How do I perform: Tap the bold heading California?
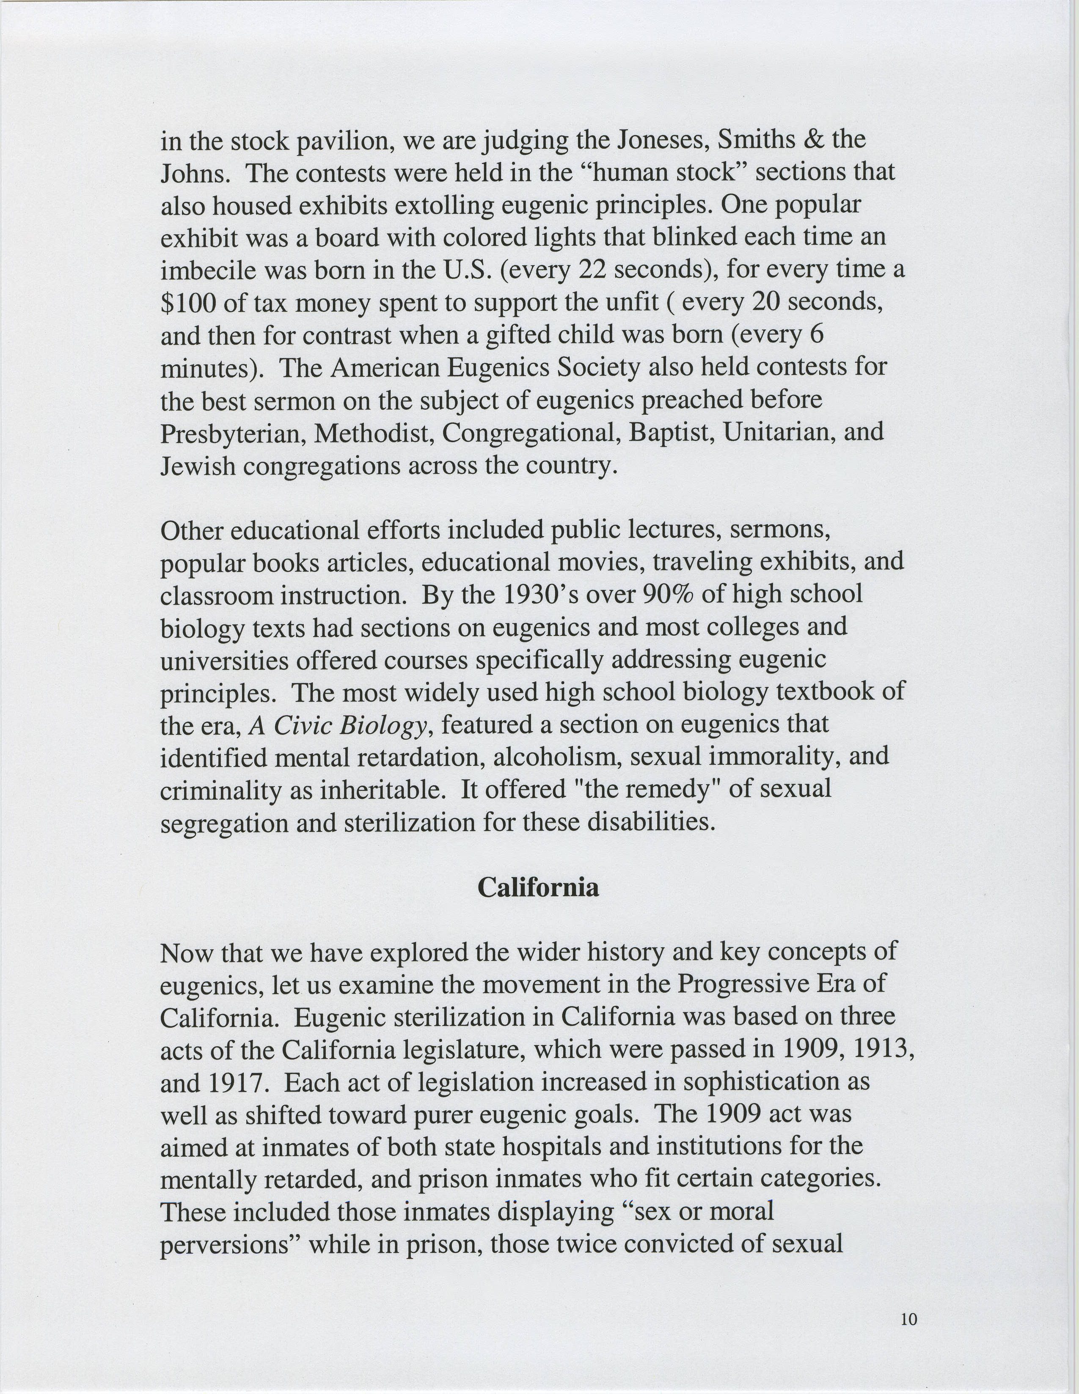pos(538,887)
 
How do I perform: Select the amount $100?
pos(188,302)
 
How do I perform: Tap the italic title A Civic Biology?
pos(338,724)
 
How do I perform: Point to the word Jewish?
pos(197,466)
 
